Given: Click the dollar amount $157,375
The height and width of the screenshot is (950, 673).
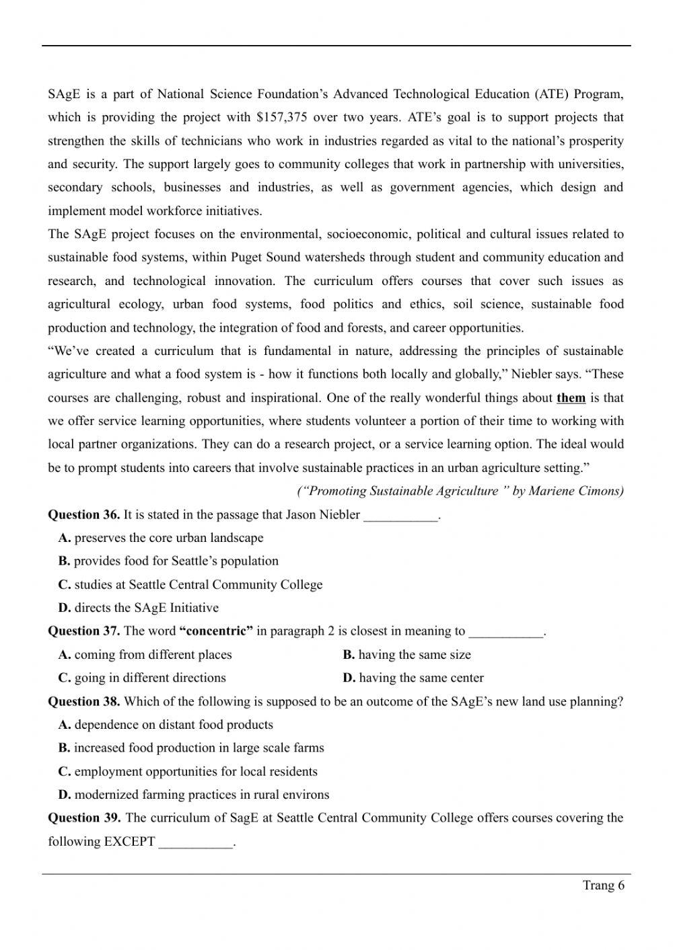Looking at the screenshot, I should tap(281, 118).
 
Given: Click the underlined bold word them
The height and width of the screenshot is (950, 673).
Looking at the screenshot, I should tap(571, 398).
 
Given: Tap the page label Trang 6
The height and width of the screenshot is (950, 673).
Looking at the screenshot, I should tap(603, 885).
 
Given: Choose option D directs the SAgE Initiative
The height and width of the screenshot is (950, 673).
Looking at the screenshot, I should tap(139, 608).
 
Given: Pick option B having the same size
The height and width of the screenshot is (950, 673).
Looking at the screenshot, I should tap(406, 655).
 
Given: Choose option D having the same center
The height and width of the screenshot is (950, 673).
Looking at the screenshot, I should tap(413, 678).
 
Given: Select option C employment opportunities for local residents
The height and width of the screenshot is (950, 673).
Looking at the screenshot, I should tap(188, 772).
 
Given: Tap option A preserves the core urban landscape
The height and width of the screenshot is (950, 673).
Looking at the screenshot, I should tap(161, 538).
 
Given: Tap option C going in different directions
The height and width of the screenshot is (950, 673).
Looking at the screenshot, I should tap(142, 678).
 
